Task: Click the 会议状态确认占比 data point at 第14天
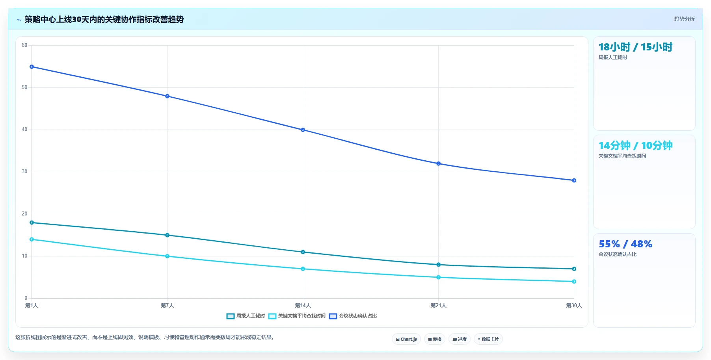pos(303,130)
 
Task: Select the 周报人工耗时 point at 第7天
pos(167,235)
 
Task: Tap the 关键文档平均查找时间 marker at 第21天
pos(438,277)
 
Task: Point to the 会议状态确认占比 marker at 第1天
pos(32,67)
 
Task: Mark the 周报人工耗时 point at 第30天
pos(574,269)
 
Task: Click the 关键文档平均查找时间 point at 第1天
pos(32,239)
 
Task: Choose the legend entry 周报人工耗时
pos(246,316)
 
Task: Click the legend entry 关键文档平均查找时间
pos(297,316)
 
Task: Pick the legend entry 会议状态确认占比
pos(353,316)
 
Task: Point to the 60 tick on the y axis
pos(24,45)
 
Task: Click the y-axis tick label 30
pos(24,172)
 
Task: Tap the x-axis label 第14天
pos(303,305)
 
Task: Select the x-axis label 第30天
pos(574,305)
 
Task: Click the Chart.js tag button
pos(406,339)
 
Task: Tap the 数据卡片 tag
pos(488,339)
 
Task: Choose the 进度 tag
pos(460,339)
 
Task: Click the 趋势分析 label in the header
pos(684,19)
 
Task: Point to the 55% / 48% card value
pos(625,244)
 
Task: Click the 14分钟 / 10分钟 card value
pos(635,145)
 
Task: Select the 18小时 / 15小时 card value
pos(635,47)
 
